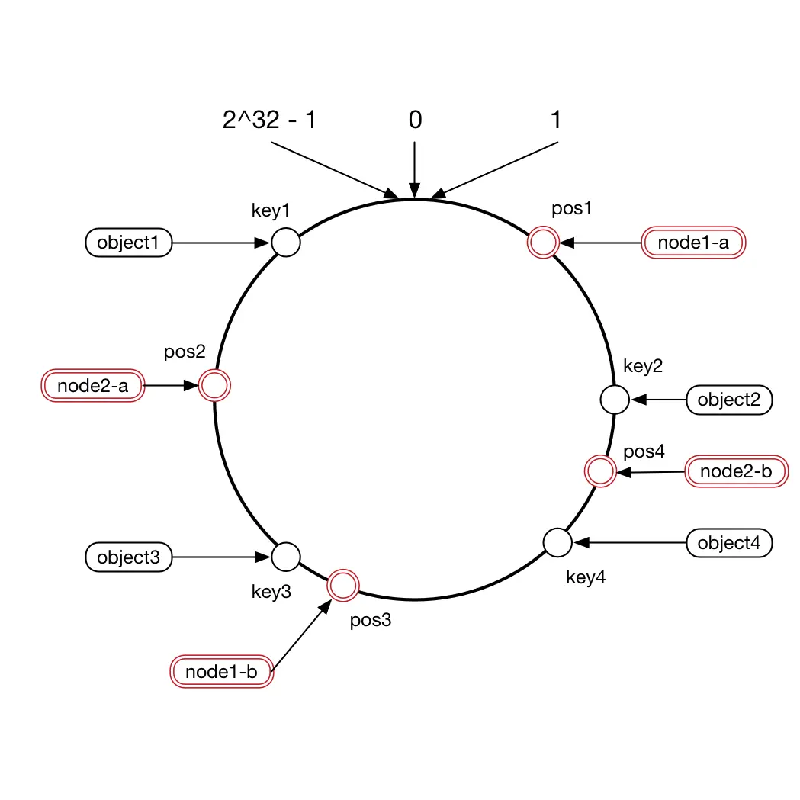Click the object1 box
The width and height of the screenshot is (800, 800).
pyautogui.click(x=127, y=244)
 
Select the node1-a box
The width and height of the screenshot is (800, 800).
pyautogui.click(x=693, y=244)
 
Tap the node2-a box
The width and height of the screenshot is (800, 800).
pyautogui.click(x=92, y=386)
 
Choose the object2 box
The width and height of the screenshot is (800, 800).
pyautogui.click(x=730, y=400)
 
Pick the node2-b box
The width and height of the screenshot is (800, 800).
pyautogui.click(x=736, y=472)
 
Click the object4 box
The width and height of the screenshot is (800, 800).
pyautogui.click(x=730, y=543)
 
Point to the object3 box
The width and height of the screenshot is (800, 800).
pyautogui.click(x=127, y=557)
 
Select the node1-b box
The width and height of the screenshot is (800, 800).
pyautogui.click(x=220, y=673)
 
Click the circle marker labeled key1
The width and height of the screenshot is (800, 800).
pyautogui.click(x=286, y=243)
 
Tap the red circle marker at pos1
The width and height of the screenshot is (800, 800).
pyautogui.click(x=543, y=243)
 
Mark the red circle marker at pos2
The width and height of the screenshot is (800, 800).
pyautogui.click(x=214, y=386)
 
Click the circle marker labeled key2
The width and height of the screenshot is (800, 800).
pyautogui.click(x=615, y=399)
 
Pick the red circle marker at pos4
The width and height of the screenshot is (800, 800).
pyautogui.click(x=599, y=471)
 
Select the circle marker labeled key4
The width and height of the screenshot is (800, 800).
pyautogui.click(x=557, y=542)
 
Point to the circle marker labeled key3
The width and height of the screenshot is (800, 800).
pyautogui.click(x=286, y=557)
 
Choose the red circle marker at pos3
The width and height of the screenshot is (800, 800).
pyautogui.click(x=342, y=586)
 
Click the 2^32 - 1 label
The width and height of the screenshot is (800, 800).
pyautogui.click(x=268, y=120)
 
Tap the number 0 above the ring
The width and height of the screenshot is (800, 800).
pyautogui.click(x=414, y=120)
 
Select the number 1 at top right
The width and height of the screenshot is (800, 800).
pyautogui.click(x=556, y=120)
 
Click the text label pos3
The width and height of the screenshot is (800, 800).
pyautogui.click(x=371, y=620)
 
